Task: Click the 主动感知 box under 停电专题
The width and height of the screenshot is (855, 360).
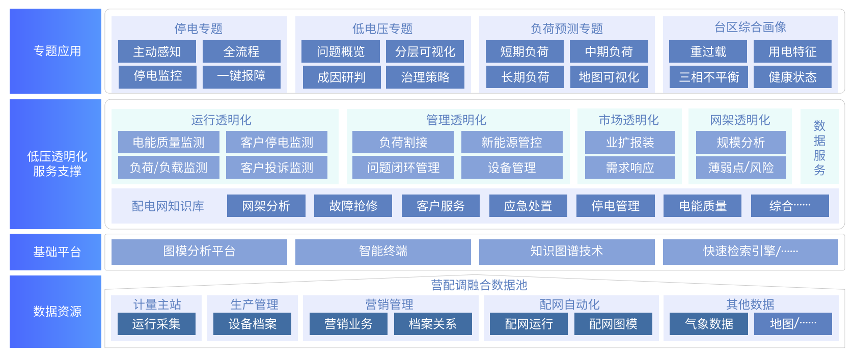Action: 157,51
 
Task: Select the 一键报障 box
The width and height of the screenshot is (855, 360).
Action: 241,76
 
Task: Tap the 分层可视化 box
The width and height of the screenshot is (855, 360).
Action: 425,51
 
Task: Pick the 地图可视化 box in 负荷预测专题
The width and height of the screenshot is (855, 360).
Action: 609,77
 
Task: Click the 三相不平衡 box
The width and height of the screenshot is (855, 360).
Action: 708,77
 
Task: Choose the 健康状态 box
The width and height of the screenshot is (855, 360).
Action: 792,77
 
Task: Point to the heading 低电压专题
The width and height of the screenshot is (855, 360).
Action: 382,29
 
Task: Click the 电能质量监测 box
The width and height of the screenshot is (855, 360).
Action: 169,143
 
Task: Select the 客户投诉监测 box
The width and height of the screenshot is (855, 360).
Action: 277,168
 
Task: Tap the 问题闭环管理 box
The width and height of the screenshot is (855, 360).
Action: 403,168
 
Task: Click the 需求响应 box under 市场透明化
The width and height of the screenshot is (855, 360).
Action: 630,168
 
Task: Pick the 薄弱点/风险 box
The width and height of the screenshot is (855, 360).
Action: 741,168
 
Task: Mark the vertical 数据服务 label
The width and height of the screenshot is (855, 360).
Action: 819,148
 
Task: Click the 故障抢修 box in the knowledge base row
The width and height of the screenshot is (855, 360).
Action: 353,206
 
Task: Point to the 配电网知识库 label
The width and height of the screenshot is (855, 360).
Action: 168,206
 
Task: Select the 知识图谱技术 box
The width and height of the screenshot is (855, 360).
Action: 566,251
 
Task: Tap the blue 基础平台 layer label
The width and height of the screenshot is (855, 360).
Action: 56,252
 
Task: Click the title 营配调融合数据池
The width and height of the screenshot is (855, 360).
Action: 479,285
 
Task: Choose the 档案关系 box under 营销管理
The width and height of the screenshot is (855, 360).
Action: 432,324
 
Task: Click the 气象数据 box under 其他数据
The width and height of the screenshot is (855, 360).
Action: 708,324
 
